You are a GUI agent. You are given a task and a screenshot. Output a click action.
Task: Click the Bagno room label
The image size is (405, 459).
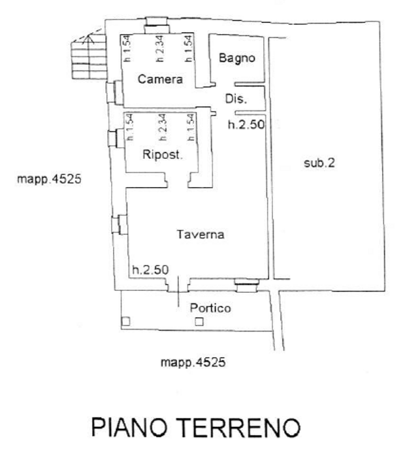coord(237,58)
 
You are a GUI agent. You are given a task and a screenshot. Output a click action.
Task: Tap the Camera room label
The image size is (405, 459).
coord(160,79)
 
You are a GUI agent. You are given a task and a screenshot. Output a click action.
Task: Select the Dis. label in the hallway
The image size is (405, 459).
coord(236,99)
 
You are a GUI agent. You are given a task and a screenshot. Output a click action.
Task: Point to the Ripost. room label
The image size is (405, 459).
coord(163,154)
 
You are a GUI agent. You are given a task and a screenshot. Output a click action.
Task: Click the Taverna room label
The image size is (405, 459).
coord(201,234)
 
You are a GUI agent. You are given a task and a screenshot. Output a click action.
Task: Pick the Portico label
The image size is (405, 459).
coord(210,308)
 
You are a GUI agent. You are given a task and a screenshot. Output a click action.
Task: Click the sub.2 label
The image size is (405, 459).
coord(319,163)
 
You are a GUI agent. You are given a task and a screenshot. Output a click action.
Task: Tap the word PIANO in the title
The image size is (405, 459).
coord(129,428)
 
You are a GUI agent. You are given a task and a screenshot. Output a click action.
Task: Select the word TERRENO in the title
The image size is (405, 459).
coord(238,428)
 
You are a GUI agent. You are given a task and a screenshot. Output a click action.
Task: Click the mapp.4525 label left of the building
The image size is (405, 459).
coord(49,179)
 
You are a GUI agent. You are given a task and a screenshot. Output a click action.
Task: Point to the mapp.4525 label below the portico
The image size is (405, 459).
coord(193,362)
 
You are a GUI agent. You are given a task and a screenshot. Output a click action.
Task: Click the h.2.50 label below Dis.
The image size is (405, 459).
coord(246,125)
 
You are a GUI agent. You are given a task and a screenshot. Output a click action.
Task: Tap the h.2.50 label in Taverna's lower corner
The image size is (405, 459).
coord(150,269)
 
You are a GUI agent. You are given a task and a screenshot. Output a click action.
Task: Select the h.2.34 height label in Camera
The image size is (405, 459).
coord(159,48)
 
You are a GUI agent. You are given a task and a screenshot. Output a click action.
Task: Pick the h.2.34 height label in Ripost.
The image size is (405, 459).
coord(163,127)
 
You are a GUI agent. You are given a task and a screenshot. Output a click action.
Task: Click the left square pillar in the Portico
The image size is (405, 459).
coord(125,322)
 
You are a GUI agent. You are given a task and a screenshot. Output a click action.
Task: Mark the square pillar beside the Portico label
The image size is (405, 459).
coord(199,322)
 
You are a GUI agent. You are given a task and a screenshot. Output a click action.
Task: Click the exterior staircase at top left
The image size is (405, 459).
coord(89,56)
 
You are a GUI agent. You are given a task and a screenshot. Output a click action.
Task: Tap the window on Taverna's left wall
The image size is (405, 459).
coord(120,224)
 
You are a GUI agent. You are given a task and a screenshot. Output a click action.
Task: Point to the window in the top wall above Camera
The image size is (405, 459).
coord(157,25)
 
